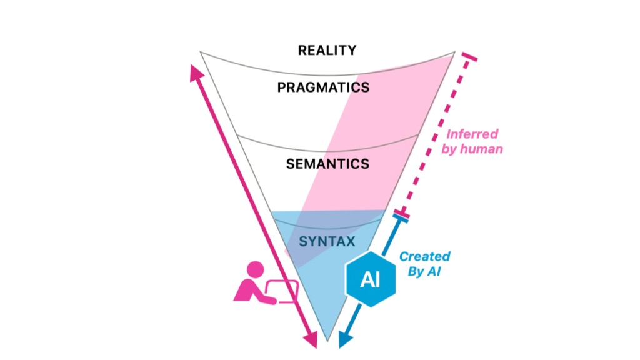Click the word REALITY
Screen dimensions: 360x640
coord(327,50)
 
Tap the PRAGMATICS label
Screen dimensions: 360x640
coord(323,87)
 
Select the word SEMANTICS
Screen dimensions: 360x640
coord(327,164)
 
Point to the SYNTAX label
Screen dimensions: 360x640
coord(326,241)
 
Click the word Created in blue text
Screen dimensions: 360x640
coord(425,256)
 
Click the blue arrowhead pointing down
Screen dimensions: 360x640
coord(343,341)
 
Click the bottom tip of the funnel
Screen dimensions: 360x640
coord(327,341)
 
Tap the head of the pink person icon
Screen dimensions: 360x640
coord(255,270)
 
